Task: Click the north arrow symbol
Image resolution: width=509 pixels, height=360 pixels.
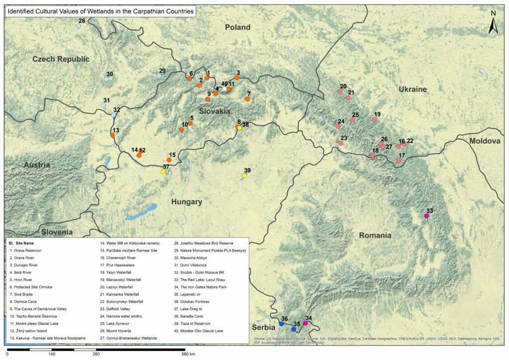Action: pyautogui.click(x=493, y=24)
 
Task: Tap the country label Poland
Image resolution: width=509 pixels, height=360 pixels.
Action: pyautogui.click(x=237, y=27)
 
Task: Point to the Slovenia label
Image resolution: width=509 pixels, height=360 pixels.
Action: pyautogui.click(x=57, y=232)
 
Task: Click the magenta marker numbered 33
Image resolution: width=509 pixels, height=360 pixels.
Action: pyautogui.click(x=426, y=216)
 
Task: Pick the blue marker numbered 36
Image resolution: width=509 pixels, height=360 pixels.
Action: pyautogui.click(x=281, y=324)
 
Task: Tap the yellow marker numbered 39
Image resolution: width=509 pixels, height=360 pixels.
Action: pyautogui.click(x=244, y=176)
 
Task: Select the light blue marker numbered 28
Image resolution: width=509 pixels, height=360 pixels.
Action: pyautogui.click(x=79, y=26)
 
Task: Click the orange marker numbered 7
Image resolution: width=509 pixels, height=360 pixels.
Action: pyautogui.click(x=247, y=99)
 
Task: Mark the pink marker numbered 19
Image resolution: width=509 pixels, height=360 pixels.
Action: pyautogui.click(x=374, y=119)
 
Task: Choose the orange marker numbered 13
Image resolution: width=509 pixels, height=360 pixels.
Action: pyautogui.click(x=113, y=135)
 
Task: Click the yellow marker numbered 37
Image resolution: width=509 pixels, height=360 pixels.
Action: pyautogui.click(x=163, y=172)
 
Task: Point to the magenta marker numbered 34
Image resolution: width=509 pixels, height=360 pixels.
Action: pyautogui.click(x=305, y=324)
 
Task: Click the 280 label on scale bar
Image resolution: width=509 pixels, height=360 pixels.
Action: pyautogui.click(x=96, y=354)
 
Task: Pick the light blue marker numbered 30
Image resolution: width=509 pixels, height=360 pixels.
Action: pyautogui.click(x=106, y=79)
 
